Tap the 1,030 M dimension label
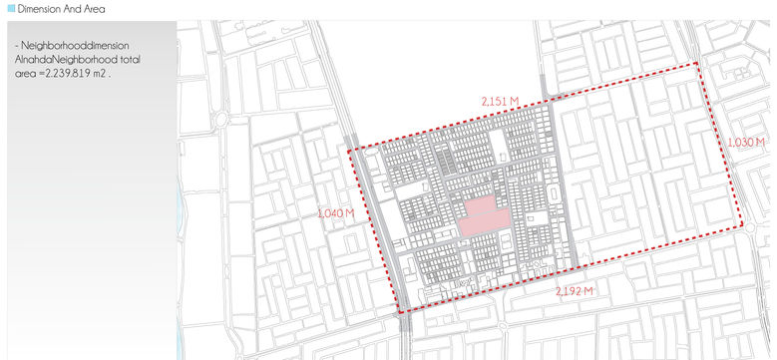(x=746, y=143)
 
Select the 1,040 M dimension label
(x=335, y=213)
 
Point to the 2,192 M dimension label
(x=575, y=290)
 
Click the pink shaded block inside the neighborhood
(x=481, y=215)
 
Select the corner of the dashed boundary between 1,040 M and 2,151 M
(x=348, y=151)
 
